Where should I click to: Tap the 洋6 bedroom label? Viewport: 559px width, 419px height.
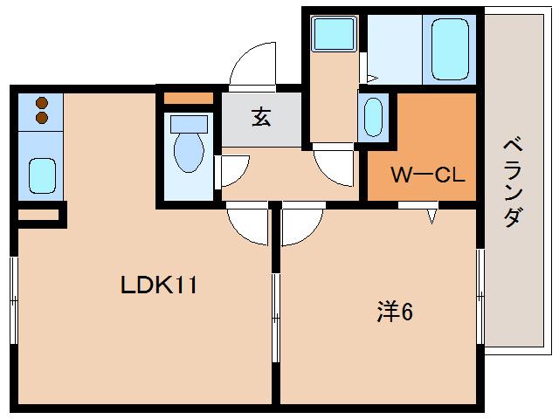(394, 311)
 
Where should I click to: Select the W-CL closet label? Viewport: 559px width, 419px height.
(427, 175)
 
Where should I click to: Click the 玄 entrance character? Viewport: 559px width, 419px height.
(260, 116)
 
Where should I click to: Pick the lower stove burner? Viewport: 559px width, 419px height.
(40, 116)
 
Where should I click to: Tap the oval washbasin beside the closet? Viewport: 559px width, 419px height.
(372, 116)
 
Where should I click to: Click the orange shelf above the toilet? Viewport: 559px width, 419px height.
(188, 97)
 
